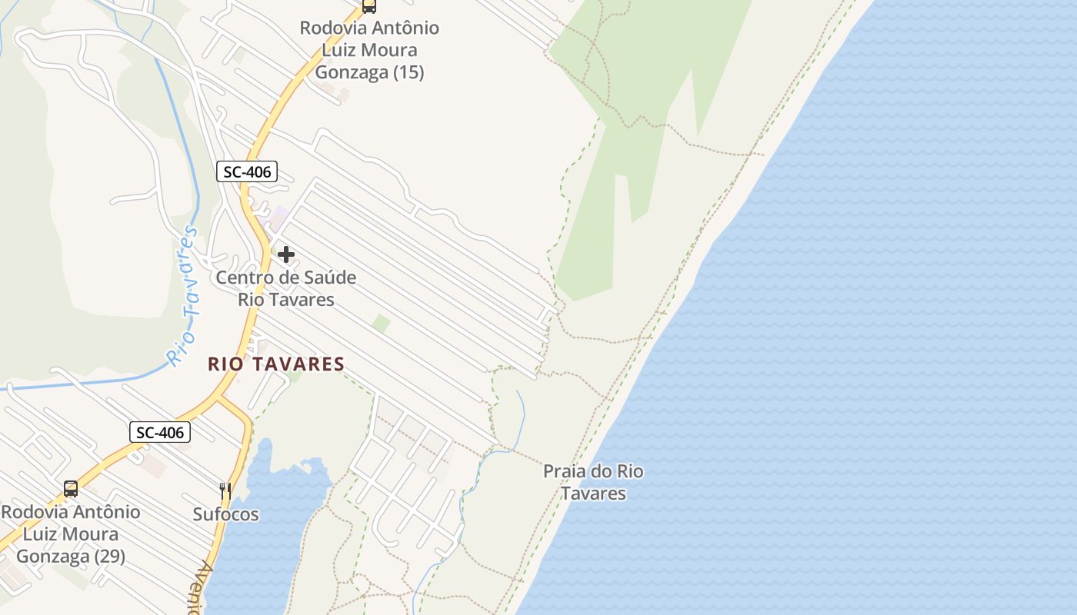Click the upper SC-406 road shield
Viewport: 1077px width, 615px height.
pos(246,171)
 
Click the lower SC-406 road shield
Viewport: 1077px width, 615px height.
pos(159,432)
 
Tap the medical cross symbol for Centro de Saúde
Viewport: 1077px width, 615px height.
pos(286,254)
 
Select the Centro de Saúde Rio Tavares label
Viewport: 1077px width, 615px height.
pos(286,288)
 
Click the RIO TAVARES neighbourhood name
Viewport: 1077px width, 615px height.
pos(275,364)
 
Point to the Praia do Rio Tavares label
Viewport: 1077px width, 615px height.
pos(593,482)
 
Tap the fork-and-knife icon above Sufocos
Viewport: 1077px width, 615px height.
pos(225,491)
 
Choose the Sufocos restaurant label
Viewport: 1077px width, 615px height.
pos(225,514)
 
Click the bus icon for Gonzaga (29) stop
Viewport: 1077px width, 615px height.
pos(71,489)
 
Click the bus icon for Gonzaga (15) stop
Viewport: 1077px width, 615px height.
pos(369,7)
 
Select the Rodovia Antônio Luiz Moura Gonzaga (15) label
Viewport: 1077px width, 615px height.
pos(369,50)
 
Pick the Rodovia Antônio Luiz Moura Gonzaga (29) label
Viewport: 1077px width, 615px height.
pos(71,534)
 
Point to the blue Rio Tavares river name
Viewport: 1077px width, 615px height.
pos(183,296)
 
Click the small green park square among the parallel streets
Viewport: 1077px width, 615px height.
pos(381,324)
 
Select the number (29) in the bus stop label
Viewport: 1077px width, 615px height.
pos(109,557)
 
